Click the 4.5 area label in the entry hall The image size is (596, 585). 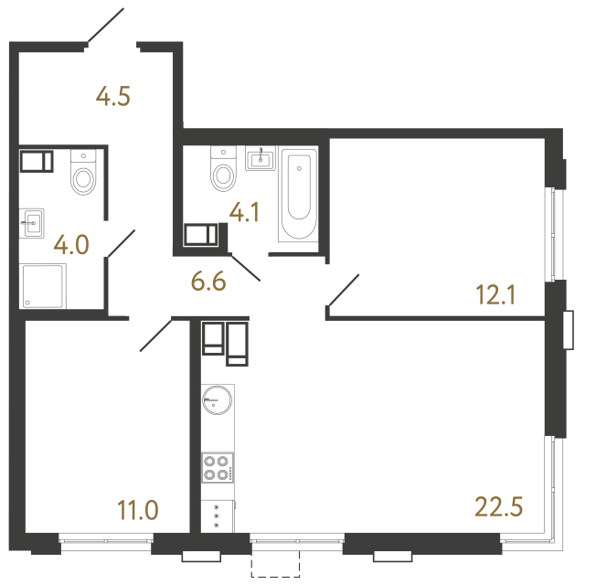[114, 96]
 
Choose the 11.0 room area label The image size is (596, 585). [138, 509]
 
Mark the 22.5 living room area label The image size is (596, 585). [498, 505]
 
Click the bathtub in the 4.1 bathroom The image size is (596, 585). [298, 196]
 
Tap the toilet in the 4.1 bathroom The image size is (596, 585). [223, 170]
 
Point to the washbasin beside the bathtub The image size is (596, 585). [261, 160]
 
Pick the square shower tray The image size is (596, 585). [43, 286]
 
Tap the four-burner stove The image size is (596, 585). [218, 467]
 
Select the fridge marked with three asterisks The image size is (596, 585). [218, 516]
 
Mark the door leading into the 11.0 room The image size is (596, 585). [156, 335]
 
